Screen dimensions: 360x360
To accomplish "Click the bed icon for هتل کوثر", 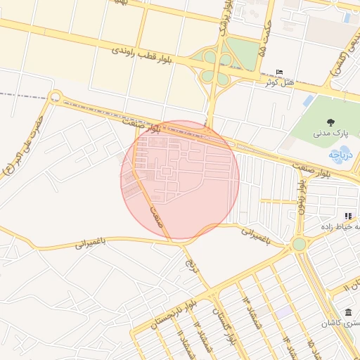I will pos(280,72).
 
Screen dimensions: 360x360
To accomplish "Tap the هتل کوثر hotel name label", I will pos(276,82).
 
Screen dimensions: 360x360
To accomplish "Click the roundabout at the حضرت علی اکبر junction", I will pos(56,97).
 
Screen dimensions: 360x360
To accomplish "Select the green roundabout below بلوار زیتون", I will pos(300,244).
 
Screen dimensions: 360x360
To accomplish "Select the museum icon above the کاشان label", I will pos(348,312).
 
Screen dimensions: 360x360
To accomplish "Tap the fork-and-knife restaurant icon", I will pos(347,216).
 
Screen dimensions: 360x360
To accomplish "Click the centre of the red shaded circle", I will pos(180,180).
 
